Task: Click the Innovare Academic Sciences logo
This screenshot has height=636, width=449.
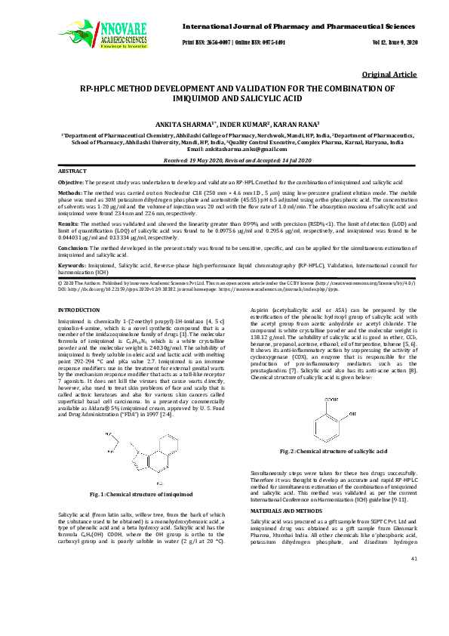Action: [x=93, y=31]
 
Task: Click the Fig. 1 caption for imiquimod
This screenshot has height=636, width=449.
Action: [x=141, y=493]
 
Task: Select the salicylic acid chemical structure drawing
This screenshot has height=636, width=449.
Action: [x=333, y=408]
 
